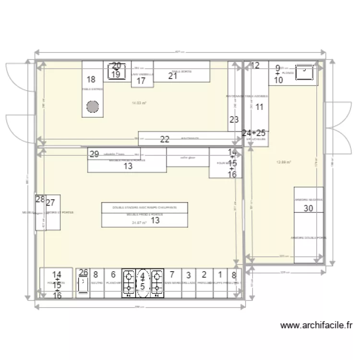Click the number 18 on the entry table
click(x=91, y=80)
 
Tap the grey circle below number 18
click(x=93, y=107)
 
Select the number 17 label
click(x=141, y=81)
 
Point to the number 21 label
click(x=173, y=75)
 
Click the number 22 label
click(x=165, y=140)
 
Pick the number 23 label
click(x=234, y=120)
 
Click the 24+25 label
click(x=254, y=132)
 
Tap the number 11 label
click(x=259, y=107)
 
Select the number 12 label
click(x=255, y=65)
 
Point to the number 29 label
click(x=94, y=154)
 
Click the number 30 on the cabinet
click(x=309, y=208)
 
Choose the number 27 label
click(x=50, y=203)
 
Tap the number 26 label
click(x=84, y=272)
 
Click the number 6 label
click(x=113, y=275)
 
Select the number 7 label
click(x=172, y=275)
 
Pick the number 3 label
click(x=189, y=275)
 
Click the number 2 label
click(x=204, y=275)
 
